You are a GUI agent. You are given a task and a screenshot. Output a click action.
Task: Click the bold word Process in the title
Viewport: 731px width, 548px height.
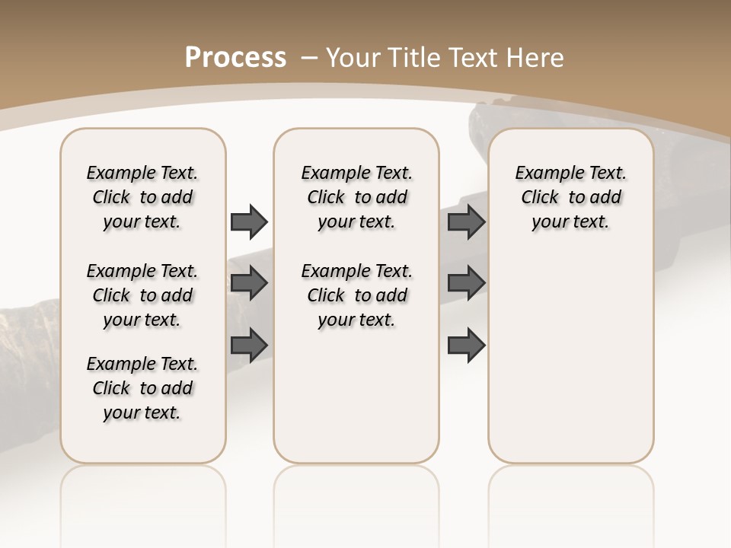235,58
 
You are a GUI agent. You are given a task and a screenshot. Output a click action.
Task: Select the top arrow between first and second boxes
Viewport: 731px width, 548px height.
249,221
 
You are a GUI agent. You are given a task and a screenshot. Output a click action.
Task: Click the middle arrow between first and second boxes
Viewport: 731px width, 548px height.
249,283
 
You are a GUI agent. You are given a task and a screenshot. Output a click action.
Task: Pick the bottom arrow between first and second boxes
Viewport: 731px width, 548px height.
249,345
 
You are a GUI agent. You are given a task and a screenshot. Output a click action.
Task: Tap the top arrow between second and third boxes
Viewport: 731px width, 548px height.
467,221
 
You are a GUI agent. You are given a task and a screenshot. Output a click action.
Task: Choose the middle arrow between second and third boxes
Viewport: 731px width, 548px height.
467,283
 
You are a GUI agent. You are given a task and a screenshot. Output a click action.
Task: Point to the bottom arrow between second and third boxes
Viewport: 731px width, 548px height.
467,345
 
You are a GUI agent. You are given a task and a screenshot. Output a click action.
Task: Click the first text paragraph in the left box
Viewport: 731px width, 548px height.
142,197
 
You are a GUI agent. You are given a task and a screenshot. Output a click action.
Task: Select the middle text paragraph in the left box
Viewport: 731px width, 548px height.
142,295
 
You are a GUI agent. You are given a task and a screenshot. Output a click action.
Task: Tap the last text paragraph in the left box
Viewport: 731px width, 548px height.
142,388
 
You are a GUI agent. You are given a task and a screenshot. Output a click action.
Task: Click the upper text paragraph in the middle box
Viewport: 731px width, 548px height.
356,197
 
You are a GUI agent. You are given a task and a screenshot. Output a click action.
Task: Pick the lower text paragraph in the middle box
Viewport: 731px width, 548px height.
356,295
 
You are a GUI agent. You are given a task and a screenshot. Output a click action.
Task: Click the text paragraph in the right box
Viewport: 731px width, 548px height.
571,197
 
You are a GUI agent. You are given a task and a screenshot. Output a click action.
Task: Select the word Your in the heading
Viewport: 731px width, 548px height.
353,58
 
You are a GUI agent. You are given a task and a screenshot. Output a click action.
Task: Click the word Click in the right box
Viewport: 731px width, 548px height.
540,198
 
